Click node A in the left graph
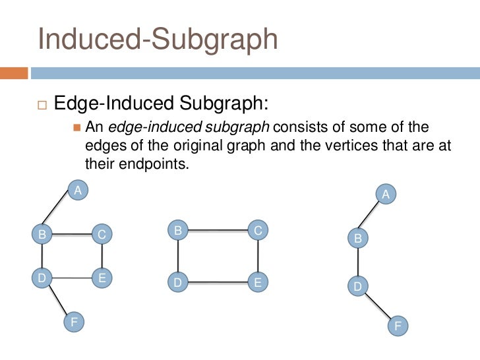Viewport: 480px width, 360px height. pyautogui.click(x=78, y=191)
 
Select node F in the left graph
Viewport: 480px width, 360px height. pyautogui.click(x=74, y=321)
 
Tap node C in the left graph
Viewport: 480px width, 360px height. pyautogui.click(x=102, y=233)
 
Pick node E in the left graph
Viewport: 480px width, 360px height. pyautogui.click(x=102, y=278)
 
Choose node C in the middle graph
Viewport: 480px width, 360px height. pyautogui.click(x=258, y=230)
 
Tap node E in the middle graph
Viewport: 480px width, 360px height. pyautogui.click(x=258, y=282)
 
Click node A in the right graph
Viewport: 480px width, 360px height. pyautogui.click(x=386, y=195)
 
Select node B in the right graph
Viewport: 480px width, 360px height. pyautogui.click(x=358, y=238)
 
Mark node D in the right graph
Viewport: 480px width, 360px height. pyautogui.click(x=358, y=286)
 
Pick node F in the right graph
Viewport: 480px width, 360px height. pyautogui.click(x=398, y=326)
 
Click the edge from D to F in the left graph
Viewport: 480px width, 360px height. pyautogui.click(x=58, y=300)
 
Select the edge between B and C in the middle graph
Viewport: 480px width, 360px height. pyautogui.click(x=218, y=231)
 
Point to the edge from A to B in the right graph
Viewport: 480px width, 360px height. pyautogui.click(x=372, y=216)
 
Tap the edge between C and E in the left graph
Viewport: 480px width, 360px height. pyautogui.click(x=102, y=256)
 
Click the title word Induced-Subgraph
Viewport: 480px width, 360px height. pyautogui.click(x=158, y=39)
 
